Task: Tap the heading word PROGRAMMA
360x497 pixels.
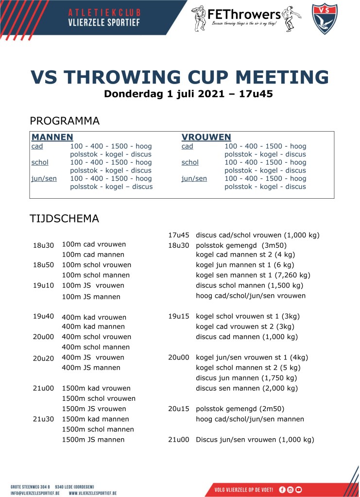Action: pos(65,120)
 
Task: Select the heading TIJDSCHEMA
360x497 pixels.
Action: pos(64,219)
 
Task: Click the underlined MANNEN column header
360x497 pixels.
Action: pos(52,137)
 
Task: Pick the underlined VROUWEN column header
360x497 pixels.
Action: pos(206,137)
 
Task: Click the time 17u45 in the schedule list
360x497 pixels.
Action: pos(178,235)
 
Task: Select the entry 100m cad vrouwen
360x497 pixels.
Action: pos(93,244)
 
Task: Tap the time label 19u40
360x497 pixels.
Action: pos(43,316)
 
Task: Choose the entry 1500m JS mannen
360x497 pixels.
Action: pos(93,439)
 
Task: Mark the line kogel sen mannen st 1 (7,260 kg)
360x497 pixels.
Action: pos(253,275)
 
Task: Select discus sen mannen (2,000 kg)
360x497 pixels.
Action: pos(246,388)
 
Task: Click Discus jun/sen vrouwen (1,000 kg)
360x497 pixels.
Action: pos(255,439)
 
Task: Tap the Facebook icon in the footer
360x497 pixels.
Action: pos(282,489)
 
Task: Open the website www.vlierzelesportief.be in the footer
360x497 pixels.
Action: pos(92,493)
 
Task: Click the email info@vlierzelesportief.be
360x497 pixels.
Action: pos(35,493)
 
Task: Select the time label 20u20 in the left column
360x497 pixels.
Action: pos(43,358)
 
